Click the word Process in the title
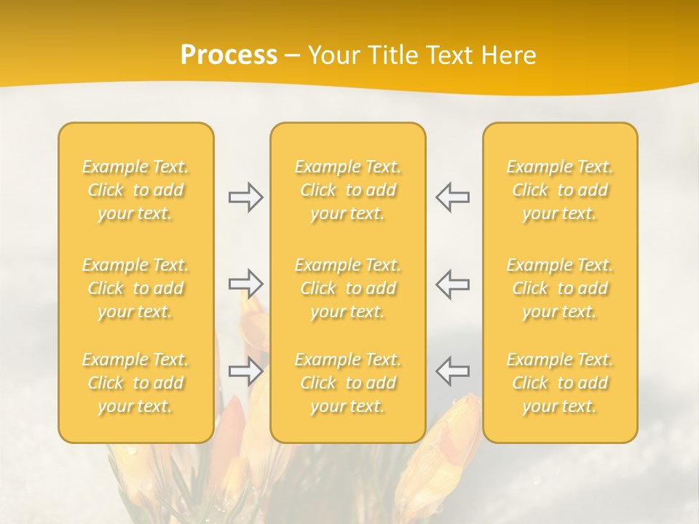pyautogui.click(x=229, y=55)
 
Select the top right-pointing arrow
pyautogui.click(x=245, y=196)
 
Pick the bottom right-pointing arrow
pyautogui.click(x=245, y=371)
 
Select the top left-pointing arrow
pyautogui.click(x=452, y=196)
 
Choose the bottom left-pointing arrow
pyautogui.click(x=452, y=371)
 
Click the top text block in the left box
pyautogui.click(x=135, y=190)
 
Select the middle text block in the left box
pyautogui.click(x=135, y=288)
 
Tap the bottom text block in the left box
pyautogui.click(x=135, y=383)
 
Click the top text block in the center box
pyautogui.click(x=348, y=190)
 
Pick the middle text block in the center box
pyautogui.click(x=348, y=288)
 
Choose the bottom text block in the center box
pyautogui.click(x=348, y=383)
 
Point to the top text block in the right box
pyautogui.click(x=560, y=190)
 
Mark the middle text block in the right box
pyautogui.click(x=560, y=288)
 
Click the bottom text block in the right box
pyautogui.click(x=560, y=383)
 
